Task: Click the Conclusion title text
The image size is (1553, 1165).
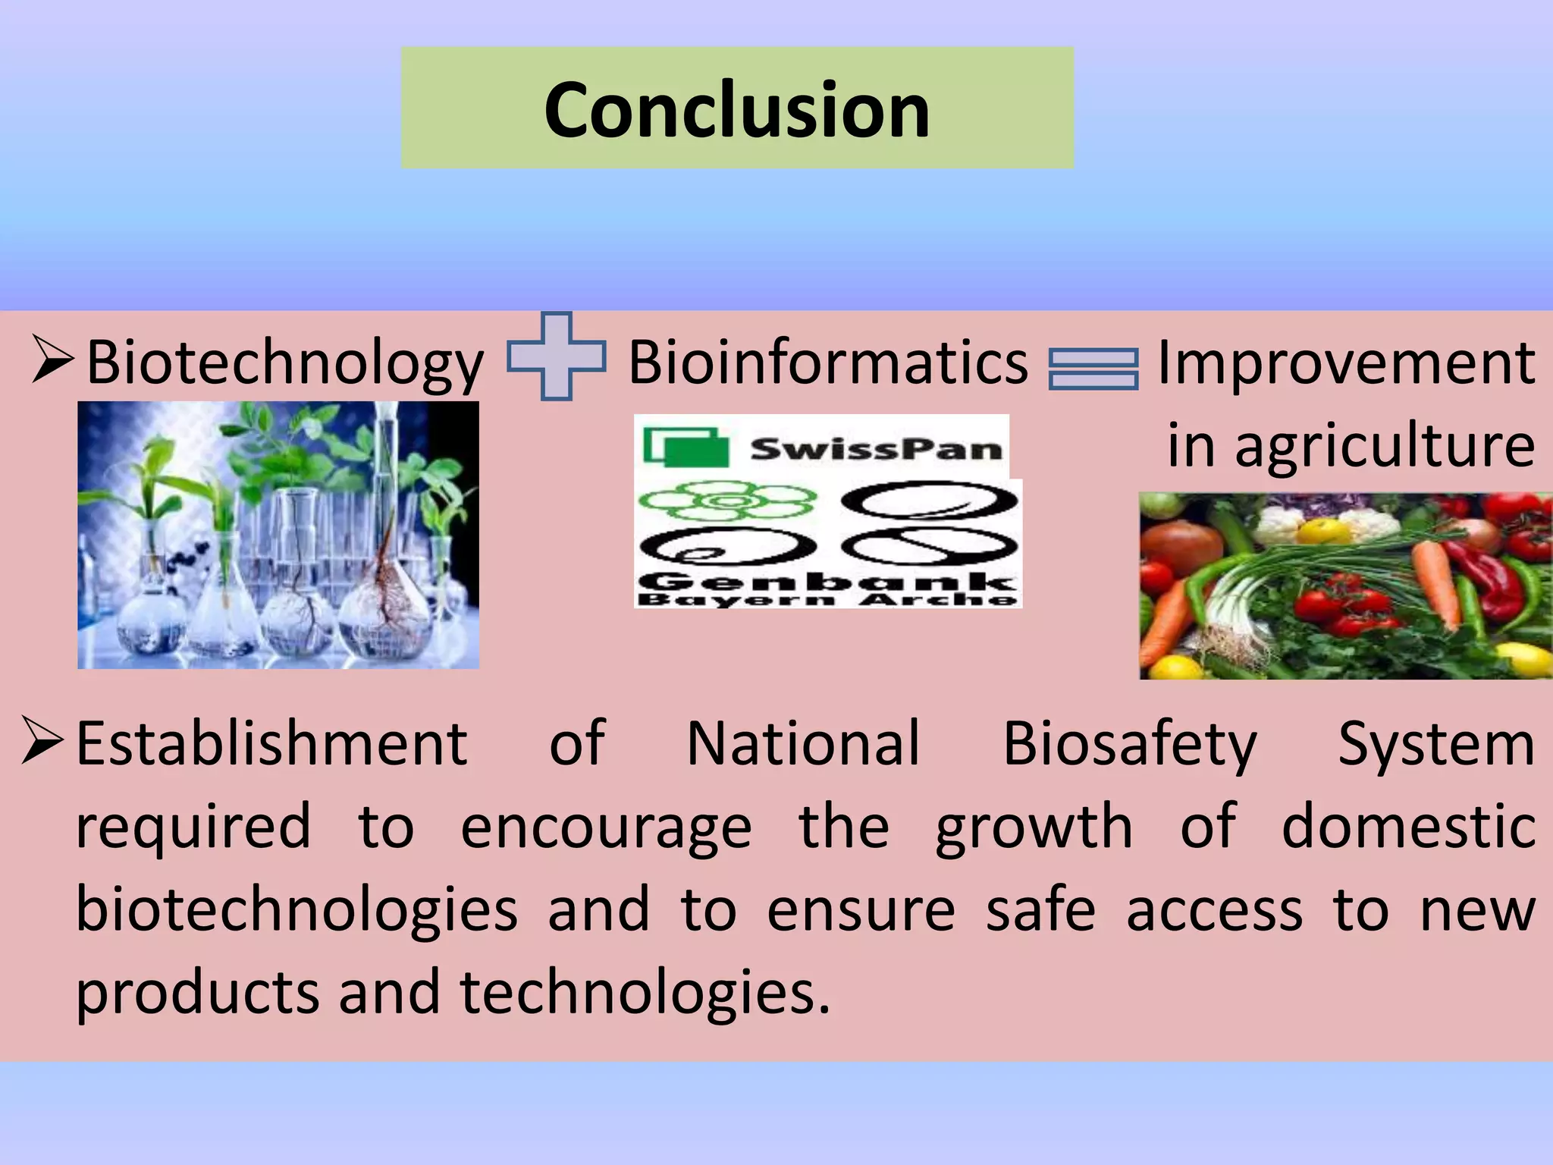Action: [736, 110]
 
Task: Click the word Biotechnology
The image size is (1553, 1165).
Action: [284, 363]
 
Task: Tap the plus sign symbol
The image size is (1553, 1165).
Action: [557, 356]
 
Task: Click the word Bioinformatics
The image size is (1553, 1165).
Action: [827, 363]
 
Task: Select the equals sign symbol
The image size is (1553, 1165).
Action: [1093, 369]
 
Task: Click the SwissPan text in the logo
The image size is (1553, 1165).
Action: [876, 449]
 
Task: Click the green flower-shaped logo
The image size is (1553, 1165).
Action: [727, 501]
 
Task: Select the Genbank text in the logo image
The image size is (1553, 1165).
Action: [827, 582]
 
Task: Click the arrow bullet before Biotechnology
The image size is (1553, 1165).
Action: [53, 360]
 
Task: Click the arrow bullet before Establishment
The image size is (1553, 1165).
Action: [42, 740]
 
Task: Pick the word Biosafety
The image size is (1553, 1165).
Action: [1130, 744]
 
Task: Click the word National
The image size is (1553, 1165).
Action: [803, 744]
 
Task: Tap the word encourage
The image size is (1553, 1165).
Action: [606, 827]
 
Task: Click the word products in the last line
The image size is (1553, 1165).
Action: [198, 992]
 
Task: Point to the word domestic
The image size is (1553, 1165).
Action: [1408, 827]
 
